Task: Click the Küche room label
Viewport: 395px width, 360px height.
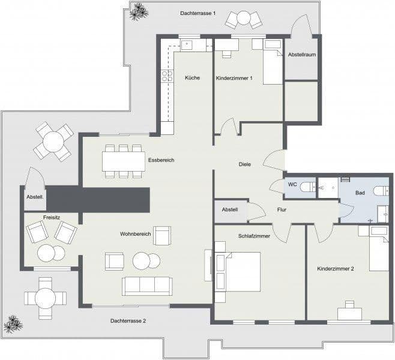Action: [192, 77]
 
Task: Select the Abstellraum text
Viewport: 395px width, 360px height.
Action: [302, 55]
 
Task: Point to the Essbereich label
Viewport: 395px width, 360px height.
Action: [161, 160]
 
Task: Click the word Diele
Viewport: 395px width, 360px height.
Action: [244, 164]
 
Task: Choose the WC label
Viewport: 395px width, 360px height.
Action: [292, 184]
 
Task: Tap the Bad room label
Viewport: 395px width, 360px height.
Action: [360, 193]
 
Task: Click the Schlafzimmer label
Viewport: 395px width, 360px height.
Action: [254, 236]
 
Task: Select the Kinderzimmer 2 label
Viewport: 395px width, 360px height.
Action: [335, 269]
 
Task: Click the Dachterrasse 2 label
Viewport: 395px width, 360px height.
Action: [128, 321]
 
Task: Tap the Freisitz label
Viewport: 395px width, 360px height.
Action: [52, 218]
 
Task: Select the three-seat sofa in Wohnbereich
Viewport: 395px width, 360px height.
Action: [147, 286]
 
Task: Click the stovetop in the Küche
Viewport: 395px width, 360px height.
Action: [166, 76]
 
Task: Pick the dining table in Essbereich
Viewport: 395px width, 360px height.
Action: [123, 161]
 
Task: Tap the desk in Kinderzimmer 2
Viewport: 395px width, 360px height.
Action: [349, 313]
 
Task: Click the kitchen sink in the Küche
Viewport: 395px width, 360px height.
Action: [187, 44]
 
